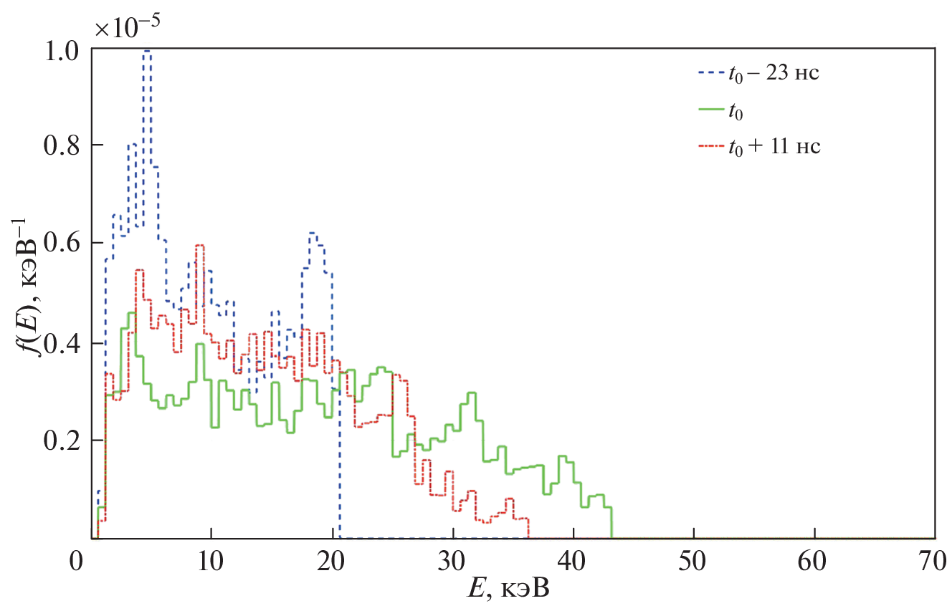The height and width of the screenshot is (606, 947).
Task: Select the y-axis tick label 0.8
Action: pyautogui.click(x=62, y=146)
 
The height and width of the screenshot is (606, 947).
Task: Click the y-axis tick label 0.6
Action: pyautogui.click(x=62, y=244)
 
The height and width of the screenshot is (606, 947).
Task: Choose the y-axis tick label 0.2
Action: pyautogui.click(x=62, y=441)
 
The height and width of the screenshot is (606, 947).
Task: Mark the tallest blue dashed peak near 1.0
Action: pyautogui.click(x=148, y=52)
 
